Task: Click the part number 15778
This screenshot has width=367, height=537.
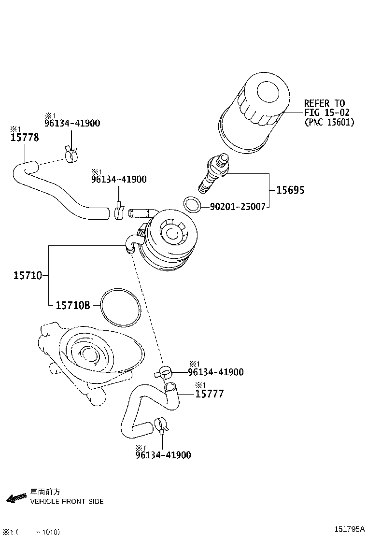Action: tap(25, 138)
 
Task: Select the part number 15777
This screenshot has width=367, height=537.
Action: tap(210, 394)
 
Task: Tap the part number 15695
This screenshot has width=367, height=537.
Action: tap(290, 190)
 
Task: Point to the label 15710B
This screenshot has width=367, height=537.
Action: tap(73, 305)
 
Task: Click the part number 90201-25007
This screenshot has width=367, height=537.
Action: tap(237, 207)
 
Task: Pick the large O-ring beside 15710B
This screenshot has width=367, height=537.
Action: tap(121, 307)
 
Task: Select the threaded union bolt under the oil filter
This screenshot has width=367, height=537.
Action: tap(213, 173)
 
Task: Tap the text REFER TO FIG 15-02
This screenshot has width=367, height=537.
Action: tap(325, 108)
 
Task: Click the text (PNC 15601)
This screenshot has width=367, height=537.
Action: tap(329, 122)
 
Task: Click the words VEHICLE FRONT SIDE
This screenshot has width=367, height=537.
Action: tap(67, 501)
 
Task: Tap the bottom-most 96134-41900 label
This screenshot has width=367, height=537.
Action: tap(163, 455)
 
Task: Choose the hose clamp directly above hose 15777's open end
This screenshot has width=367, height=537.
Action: tap(164, 372)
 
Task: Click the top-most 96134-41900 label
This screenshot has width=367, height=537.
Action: tap(72, 123)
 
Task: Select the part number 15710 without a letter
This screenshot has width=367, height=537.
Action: tap(28, 276)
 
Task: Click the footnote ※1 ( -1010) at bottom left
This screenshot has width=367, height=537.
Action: tap(31, 532)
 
